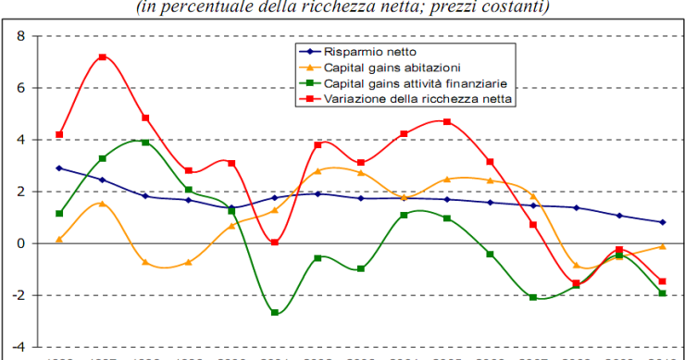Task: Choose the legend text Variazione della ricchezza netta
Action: [x=419, y=98]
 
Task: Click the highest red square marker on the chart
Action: [x=103, y=56]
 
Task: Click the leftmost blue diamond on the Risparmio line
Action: [x=59, y=168]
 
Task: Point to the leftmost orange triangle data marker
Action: [x=59, y=239]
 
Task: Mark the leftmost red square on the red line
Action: [x=59, y=135]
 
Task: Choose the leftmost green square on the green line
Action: [x=59, y=214]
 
